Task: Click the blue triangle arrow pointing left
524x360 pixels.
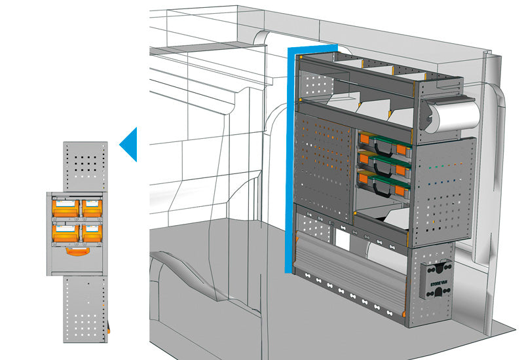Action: click(x=130, y=144)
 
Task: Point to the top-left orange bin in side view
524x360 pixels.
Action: click(x=65, y=208)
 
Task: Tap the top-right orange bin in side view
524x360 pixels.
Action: click(x=92, y=208)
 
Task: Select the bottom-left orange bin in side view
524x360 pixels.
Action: click(x=65, y=230)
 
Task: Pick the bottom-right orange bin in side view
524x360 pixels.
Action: click(x=92, y=230)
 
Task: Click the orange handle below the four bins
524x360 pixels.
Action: click(x=79, y=249)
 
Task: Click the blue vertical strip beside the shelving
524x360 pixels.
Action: click(x=288, y=164)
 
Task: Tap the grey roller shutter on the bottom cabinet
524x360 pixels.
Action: click(x=347, y=268)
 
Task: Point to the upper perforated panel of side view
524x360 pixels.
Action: click(x=85, y=166)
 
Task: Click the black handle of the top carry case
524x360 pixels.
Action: click(x=377, y=148)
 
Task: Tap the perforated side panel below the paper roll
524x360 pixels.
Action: click(x=445, y=190)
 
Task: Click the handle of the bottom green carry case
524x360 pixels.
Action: click(x=377, y=187)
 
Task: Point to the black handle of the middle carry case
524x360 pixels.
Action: click(x=377, y=168)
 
